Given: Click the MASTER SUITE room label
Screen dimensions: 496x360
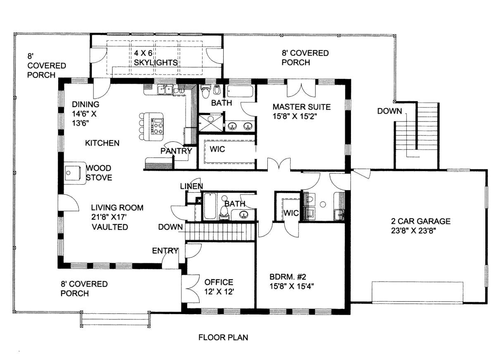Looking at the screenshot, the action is (x=301, y=107).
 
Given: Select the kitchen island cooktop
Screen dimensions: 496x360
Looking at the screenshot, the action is (x=157, y=126).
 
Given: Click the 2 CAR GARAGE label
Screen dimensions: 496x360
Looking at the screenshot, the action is (x=421, y=221).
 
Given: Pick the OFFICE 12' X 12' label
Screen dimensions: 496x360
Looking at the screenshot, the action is (x=219, y=287).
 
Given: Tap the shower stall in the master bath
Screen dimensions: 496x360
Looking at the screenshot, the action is (x=210, y=123).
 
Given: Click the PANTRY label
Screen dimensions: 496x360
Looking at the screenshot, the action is (x=176, y=151).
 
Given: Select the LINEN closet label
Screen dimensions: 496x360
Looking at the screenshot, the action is (x=191, y=186).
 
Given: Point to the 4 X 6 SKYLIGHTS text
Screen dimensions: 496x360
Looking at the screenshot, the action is (x=156, y=58).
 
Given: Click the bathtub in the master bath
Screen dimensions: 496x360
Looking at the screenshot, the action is (x=240, y=91).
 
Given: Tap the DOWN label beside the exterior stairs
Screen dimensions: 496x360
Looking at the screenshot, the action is (x=389, y=111).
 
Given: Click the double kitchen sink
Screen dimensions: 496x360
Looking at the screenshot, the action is (x=165, y=90).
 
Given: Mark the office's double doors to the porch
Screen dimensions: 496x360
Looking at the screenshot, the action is (x=191, y=289).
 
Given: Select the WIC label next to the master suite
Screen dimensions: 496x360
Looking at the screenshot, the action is (x=217, y=149).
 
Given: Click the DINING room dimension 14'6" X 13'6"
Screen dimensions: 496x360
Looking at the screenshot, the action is (x=84, y=119).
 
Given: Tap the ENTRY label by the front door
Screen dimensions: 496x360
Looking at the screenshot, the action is (x=165, y=250).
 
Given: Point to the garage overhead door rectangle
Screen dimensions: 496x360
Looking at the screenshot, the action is (x=417, y=292).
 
